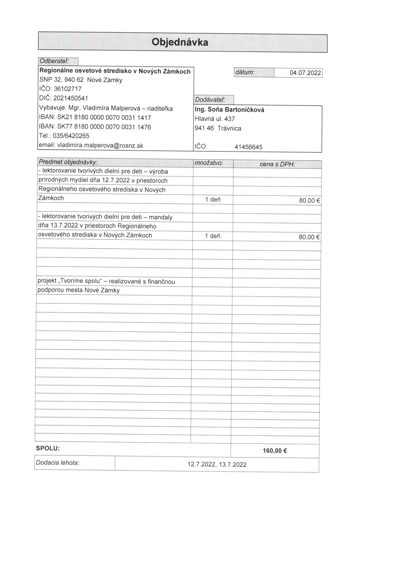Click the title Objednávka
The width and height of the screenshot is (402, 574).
(180, 42)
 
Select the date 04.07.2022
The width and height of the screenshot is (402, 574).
(305, 73)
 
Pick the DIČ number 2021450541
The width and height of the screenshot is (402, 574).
(71, 98)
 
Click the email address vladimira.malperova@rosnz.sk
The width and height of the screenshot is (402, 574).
(100, 145)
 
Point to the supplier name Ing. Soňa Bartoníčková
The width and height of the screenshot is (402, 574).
(229, 110)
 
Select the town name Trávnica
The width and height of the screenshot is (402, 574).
(229, 128)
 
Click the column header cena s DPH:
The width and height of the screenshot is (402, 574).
(277, 164)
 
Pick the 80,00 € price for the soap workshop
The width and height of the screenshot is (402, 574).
(310, 201)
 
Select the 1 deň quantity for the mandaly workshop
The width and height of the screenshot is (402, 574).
(213, 236)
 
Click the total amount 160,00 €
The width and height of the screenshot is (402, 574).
(275, 451)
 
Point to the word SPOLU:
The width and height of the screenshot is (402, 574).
(48, 448)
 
